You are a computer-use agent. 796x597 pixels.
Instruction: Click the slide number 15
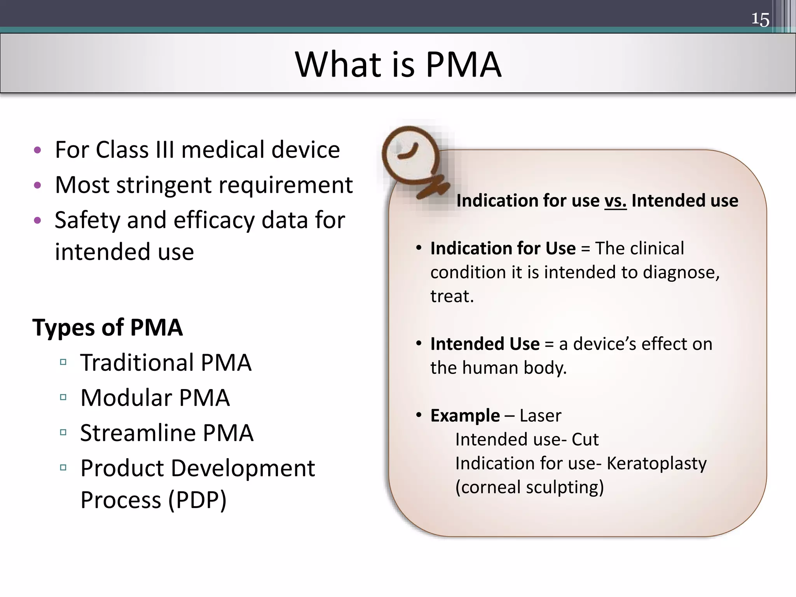pyautogui.click(x=760, y=19)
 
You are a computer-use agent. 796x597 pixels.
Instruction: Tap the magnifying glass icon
pyautogui.click(x=412, y=159)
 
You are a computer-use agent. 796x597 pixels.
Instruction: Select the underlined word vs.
pyautogui.click(x=615, y=201)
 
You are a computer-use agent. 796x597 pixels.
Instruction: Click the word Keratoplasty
pyautogui.click(x=656, y=463)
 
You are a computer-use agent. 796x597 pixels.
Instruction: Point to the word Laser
pyautogui.click(x=540, y=415)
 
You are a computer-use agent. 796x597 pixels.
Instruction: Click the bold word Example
pyautogui.click(x=465, y=415)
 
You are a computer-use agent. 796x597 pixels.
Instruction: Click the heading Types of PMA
pyautogui.click(x=107, y=327)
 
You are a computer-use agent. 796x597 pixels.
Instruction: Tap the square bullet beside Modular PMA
pyautogui.click(x=63, y=397)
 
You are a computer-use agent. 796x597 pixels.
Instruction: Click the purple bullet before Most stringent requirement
pyautogui.click(x=37, y=185)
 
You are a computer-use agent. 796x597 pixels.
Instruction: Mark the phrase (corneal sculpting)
pyautogui.click(x=529, y=487)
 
